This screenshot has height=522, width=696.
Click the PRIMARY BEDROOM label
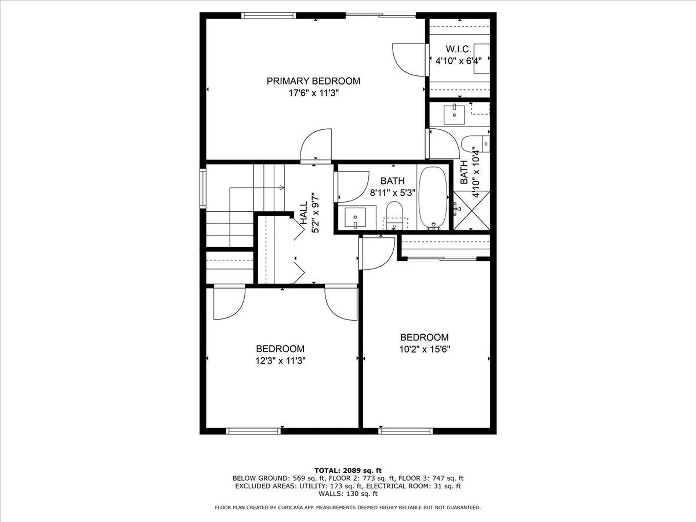(x=313, y=81)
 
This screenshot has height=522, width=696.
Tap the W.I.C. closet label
(x=458, y=49)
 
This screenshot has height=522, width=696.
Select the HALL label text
(x=304, y=213)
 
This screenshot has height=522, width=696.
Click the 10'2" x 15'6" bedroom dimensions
(x=424, y=349)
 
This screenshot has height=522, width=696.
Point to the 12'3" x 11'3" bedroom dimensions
(x=280, y=361)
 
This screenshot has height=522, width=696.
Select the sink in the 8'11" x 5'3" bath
(x=355, y=217)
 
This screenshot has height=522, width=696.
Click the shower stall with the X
(x=472, y=211)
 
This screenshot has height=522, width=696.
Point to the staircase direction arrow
(x=281, y=187)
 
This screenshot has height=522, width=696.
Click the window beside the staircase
(x=203, y=188)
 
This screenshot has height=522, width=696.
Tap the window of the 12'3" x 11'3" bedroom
(x=253, y=431)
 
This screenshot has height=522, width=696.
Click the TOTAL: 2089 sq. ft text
(x=348, y=471)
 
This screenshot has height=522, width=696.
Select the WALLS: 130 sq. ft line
(x=348, y=494)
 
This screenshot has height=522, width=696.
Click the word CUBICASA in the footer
(x=290, y=507)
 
